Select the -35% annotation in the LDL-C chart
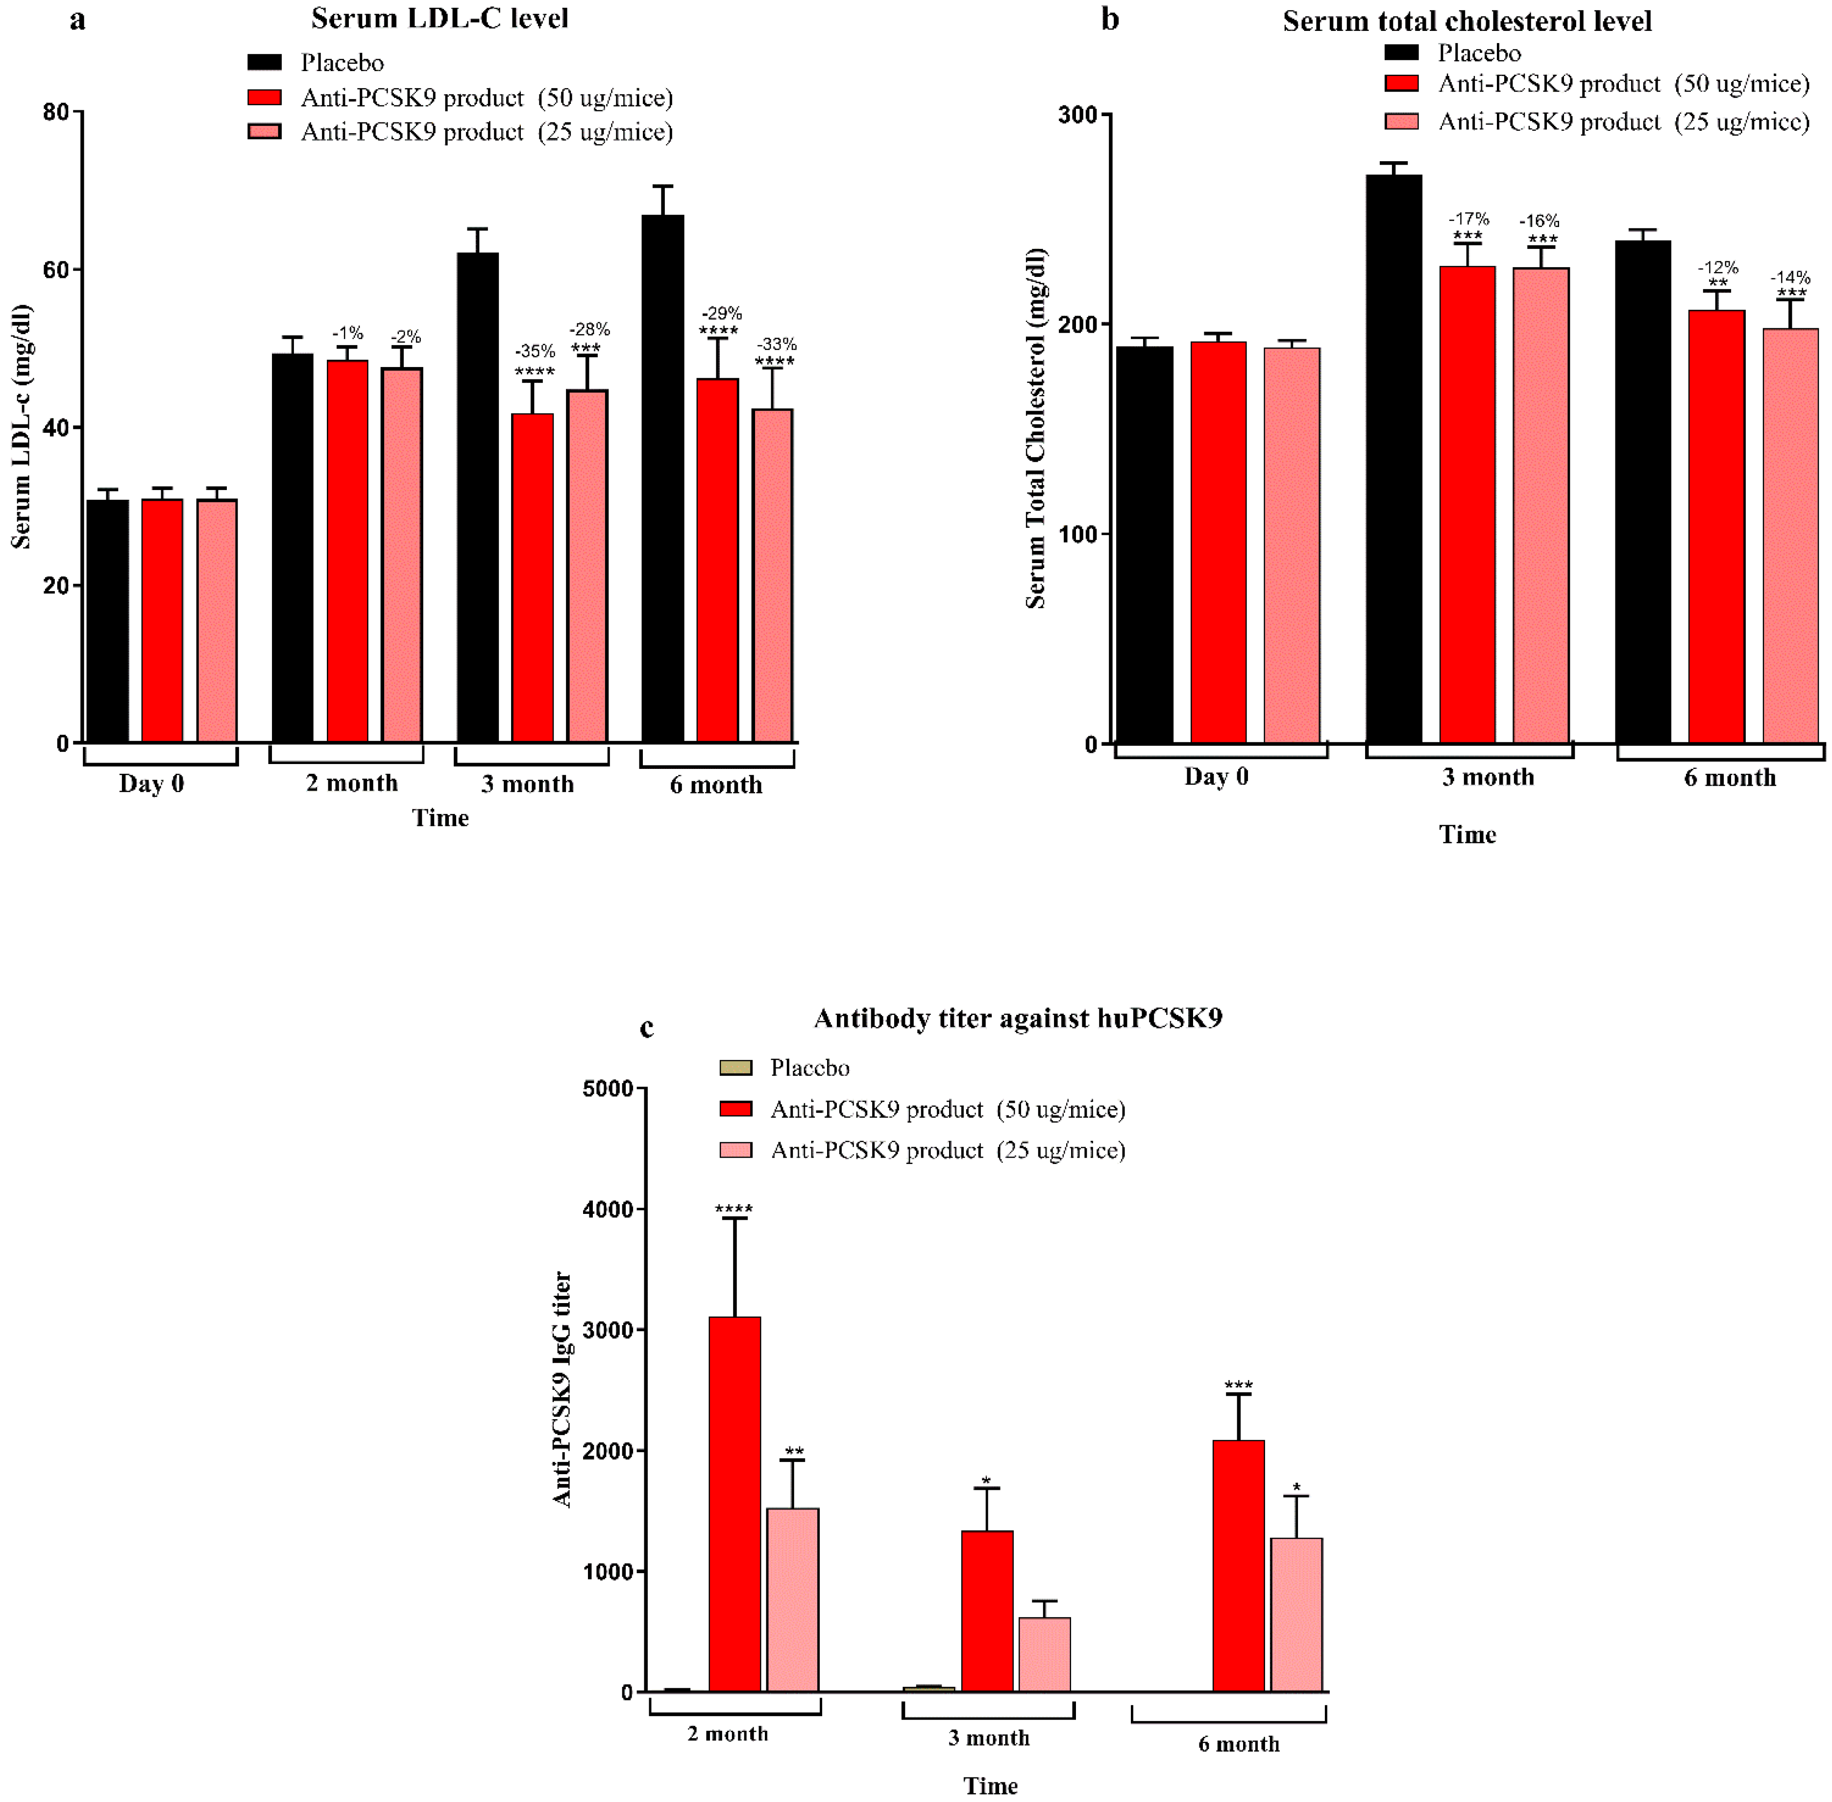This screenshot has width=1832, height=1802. click(535, 351)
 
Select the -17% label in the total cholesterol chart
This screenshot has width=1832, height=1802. click(1468, 219)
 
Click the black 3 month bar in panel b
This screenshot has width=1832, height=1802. click(1393, 459)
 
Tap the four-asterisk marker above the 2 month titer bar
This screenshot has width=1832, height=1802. click(734, 1209)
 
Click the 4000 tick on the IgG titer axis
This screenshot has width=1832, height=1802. click(609, 1210)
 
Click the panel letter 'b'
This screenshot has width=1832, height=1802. click(1110, 20)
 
